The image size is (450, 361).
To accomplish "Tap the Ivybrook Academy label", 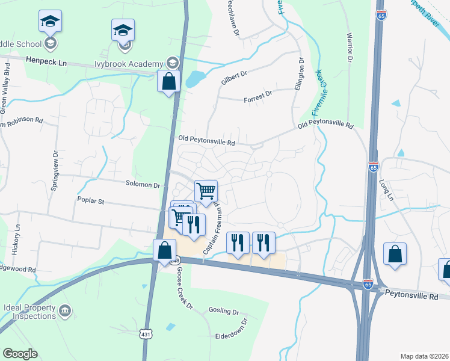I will tap(129, 64).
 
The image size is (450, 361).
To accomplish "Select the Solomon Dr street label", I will tap(143, 184).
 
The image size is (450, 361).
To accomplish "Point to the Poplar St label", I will tap(91, 200).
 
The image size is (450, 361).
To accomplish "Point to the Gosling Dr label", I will tap(224, 312).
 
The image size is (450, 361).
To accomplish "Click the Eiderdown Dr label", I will tap(231, 335).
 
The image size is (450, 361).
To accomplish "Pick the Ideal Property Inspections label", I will tap(28, 312).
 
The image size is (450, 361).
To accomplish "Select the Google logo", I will tap(20, 354).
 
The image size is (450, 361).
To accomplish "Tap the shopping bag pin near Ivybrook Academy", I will tap(169, 81).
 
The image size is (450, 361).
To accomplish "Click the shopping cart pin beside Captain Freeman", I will tap(206, 191).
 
